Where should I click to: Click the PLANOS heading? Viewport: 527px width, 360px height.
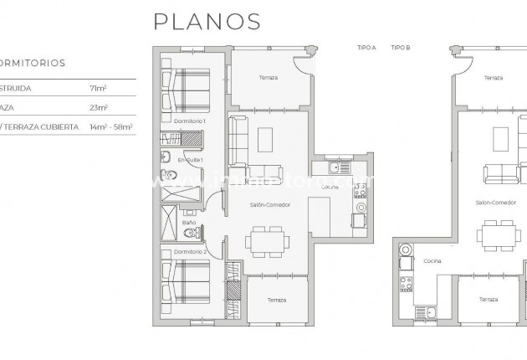click(x=207, y=21)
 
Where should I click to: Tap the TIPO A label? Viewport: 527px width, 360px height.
click(x=366, y=48)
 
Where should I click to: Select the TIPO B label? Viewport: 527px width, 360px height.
click(x=401, y=48)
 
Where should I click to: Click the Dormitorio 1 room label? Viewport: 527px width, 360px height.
click(x=190, y=122)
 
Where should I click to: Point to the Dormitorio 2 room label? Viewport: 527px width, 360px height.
click(x=190, y=251)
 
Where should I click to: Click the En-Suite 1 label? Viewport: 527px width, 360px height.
click(x=190, y=160)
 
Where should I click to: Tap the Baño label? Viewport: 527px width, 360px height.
click(x=189, y=222)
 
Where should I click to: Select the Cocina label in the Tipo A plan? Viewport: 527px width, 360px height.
click(x=330, y=187)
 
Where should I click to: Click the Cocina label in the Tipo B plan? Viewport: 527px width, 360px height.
click(x=432, y=260)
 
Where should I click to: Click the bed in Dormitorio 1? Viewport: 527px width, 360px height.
click(x=186, y=85)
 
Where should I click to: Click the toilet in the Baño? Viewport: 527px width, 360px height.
click(x=190, y=234)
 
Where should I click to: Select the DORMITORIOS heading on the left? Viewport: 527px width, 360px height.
click(x=33, y=63)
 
